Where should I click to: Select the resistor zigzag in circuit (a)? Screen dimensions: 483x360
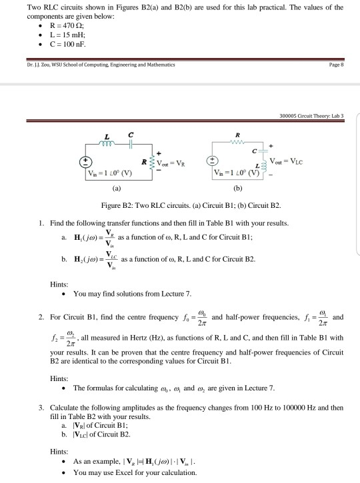[155, 163]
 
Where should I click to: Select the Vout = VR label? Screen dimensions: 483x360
[179, 163]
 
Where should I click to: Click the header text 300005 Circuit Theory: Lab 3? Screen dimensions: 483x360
[318, 115]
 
